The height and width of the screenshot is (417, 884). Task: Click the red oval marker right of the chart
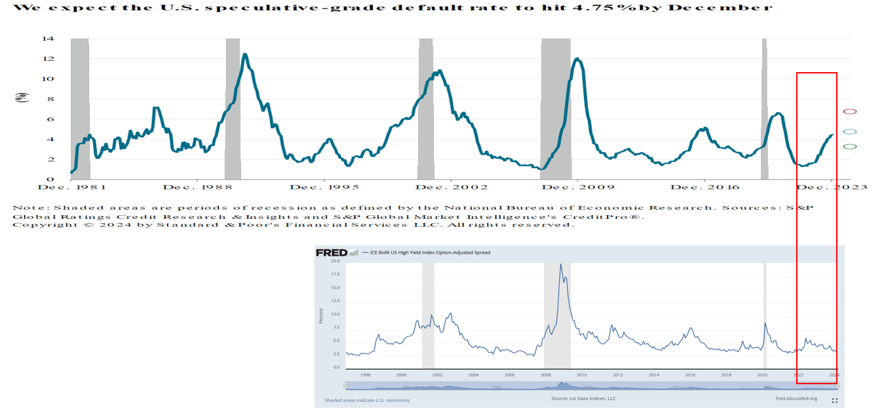click(849, 111)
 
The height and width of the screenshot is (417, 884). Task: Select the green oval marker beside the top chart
click(849, 146)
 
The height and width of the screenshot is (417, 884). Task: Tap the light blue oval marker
click(849, 132)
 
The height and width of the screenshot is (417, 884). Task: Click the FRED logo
click(332, 252)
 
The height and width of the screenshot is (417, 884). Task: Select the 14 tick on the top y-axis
click(48, 39)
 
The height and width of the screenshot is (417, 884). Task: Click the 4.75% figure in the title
click(592, 8)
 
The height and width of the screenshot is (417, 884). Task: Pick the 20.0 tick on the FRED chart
click(334, 261)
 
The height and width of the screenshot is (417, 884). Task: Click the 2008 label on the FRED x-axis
click(545, 375)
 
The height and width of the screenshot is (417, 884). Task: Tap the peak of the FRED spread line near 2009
click(560, 264)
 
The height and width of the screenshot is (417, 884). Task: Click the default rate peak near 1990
click(244, 54)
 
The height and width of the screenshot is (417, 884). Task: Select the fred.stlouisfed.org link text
click(796, 399)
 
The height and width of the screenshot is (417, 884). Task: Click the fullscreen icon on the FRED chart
click(835, 400)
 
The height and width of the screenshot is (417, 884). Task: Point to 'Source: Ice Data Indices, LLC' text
click(583, 399)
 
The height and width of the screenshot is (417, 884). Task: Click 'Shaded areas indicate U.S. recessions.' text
click(367, 400)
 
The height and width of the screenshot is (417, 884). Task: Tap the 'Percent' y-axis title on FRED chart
click(320, 315)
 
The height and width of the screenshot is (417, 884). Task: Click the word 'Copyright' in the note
click(41, 225)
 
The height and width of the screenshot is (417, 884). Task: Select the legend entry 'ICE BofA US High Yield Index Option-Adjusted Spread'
click(430, 252)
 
